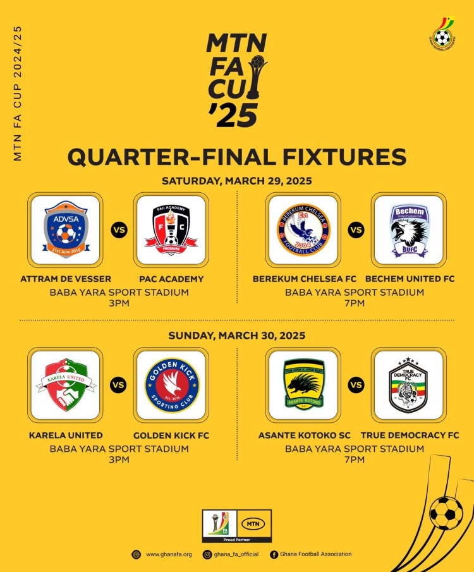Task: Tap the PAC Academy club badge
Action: (170, 229)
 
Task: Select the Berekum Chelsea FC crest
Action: (303, 229)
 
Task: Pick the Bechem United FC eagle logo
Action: (408, 229)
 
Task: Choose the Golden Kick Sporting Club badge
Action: (170, 384)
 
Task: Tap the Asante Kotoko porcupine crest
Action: (303, 384)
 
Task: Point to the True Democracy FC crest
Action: (408, 384)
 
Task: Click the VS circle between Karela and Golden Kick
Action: (118, 384)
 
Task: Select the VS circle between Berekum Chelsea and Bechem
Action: (356, 229)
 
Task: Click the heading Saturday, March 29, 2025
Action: (236, 181)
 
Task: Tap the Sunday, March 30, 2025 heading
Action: (236, 335)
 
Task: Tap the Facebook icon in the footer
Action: (274, 554)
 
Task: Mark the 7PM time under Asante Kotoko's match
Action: (355, 459)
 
